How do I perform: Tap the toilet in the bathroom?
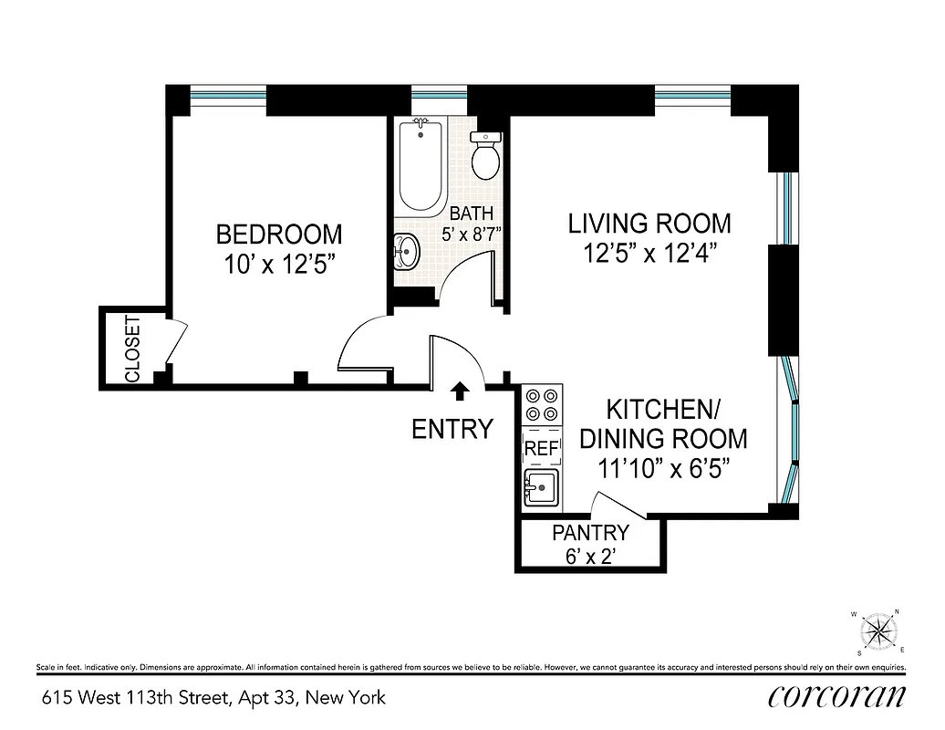coord(485,156)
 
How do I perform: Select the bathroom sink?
coord(406,249)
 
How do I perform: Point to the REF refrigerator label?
coord(540,449)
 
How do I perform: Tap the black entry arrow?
coord(461,391)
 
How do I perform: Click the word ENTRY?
coord(452,429)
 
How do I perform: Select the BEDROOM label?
coord(279,235)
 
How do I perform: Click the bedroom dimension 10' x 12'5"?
coord(279,266)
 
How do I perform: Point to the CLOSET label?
coord(132,349)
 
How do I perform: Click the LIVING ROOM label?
coord(649,223)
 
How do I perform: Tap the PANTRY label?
coord(590,533)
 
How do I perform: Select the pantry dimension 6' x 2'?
coord(590,556)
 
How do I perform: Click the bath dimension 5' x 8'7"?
coord(471,233)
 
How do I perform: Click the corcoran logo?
coord(837,696)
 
